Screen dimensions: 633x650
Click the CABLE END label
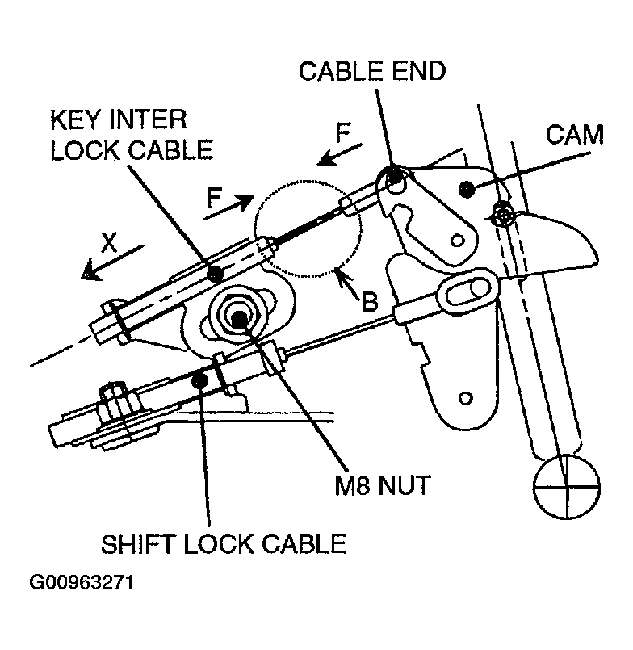(372, 71)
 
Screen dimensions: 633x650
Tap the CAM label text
(574, 135)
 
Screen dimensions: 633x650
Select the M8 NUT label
(382, 485)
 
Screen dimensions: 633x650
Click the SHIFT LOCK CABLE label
(224, 544)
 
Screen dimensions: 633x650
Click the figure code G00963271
(82, 582)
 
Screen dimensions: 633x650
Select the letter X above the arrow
(110, 242)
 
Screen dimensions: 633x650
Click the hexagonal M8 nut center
(240, 318)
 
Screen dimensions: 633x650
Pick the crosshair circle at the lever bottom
(566, 486)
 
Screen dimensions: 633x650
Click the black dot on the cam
(467, 190)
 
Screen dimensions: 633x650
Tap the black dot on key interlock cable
(215, 274)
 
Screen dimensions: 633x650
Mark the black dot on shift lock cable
(200, 380)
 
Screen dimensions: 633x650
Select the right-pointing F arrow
(228, 207)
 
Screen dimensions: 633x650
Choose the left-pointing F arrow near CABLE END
(339, 155)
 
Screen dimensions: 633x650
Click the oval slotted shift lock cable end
(468, 289)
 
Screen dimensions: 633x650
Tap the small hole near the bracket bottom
(466, 398)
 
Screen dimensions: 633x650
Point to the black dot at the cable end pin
(395, 176)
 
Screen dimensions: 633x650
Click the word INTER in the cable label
(148, 120)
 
